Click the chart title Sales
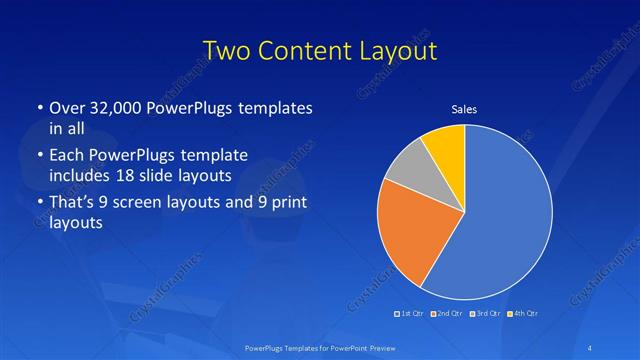pyautogui.click(x=463, y=109)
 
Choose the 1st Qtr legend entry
pyautogui.click(x=410, y=314)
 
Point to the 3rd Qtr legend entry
pyautogui.click(x=484, y=314)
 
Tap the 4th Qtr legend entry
pyautogui.click(x=522, y=314)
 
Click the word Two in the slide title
pyautogui.click(x=227, y=51)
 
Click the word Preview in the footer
pyautogui.click(x=371, y=347)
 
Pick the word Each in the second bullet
pyautogui.click(x=66, y=154)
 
